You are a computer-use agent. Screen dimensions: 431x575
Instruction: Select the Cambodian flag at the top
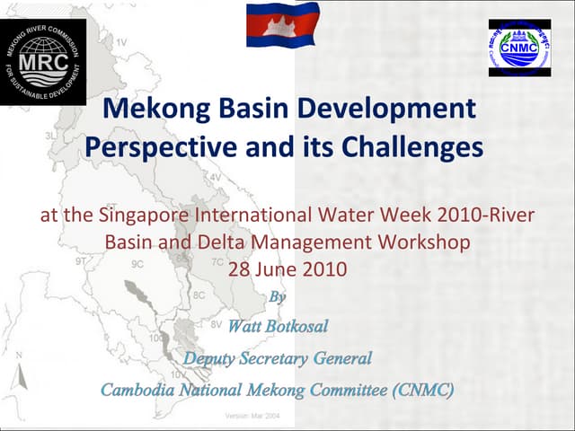pos(283,24)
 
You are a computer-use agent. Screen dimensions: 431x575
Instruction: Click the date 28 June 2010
pos(287,268)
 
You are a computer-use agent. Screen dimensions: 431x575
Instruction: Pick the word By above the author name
pos(279,295)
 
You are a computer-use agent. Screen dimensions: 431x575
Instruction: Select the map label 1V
pos(120,42)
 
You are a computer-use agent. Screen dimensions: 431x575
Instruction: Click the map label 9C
pos(137,264)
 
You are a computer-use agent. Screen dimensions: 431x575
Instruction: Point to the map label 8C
pos(199,295)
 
